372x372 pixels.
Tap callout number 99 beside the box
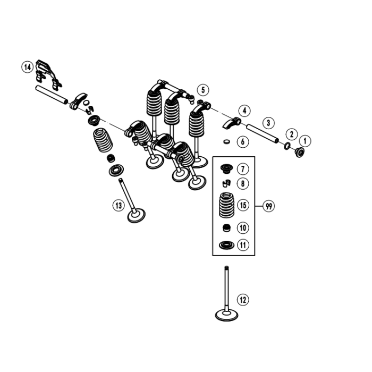pyautogui.click(x=269, y=206)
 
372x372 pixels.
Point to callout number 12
pyautogui.click(x=242, y=300)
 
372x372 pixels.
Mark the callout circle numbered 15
pyautogui.click(x=243, y=205)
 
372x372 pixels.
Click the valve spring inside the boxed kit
pyautogui.click(x=227, y=205)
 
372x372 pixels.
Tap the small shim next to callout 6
pyautogui.click(x=227, y=142)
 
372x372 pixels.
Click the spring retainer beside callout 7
pyautogui.click(x=226, y=170)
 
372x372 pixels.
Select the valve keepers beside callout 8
pyautogui.click(x=226, y=184)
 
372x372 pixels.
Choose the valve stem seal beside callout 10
pyautogui.click(x=227, y=229)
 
